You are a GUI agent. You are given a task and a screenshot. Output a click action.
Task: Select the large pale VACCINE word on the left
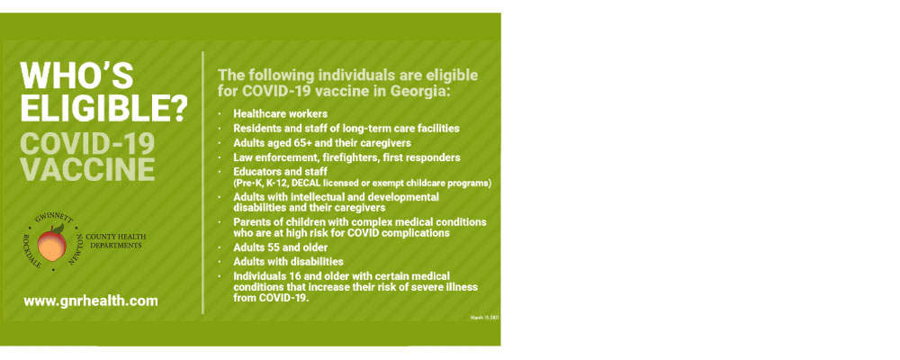[x=87, y=169]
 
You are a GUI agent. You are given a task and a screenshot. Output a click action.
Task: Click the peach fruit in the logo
[x=57, y=240]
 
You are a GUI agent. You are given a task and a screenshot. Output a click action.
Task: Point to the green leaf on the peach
[x=58, y=229]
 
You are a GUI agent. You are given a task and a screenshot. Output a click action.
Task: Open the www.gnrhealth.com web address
[x=91, y=301]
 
